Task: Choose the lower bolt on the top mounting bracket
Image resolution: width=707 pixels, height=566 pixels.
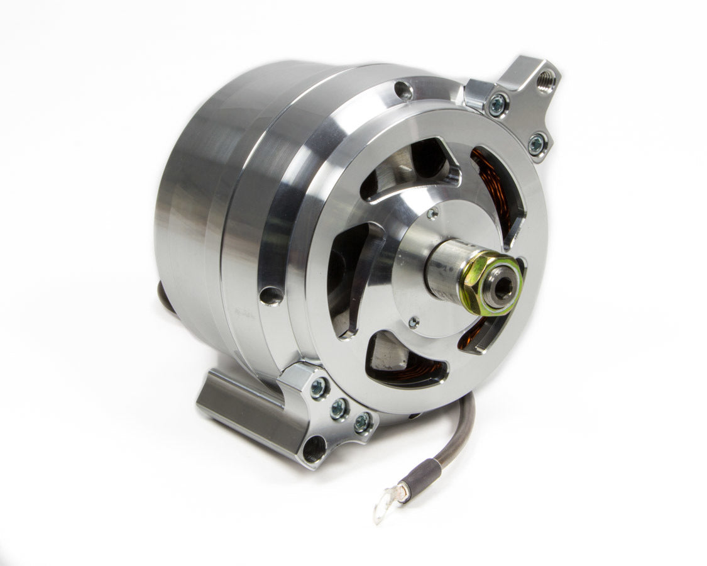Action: [x=535, y=144]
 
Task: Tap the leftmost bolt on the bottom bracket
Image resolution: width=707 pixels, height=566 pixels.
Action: [x=319, y=388]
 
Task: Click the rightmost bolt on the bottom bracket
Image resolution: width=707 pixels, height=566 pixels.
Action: [x=362, y=423]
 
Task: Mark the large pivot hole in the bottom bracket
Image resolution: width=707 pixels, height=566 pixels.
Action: [x=314, y=450]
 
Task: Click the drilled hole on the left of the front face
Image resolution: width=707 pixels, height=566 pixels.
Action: [x=271, y=294]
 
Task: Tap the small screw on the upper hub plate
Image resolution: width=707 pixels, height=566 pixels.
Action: [x=432, y=214]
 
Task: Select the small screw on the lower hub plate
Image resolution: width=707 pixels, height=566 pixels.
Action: [x=414, y=322]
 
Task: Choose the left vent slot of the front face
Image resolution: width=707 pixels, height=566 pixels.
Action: [x=352, y=277]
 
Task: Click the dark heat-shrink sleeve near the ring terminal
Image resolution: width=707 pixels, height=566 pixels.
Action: [x=419, y=475]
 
